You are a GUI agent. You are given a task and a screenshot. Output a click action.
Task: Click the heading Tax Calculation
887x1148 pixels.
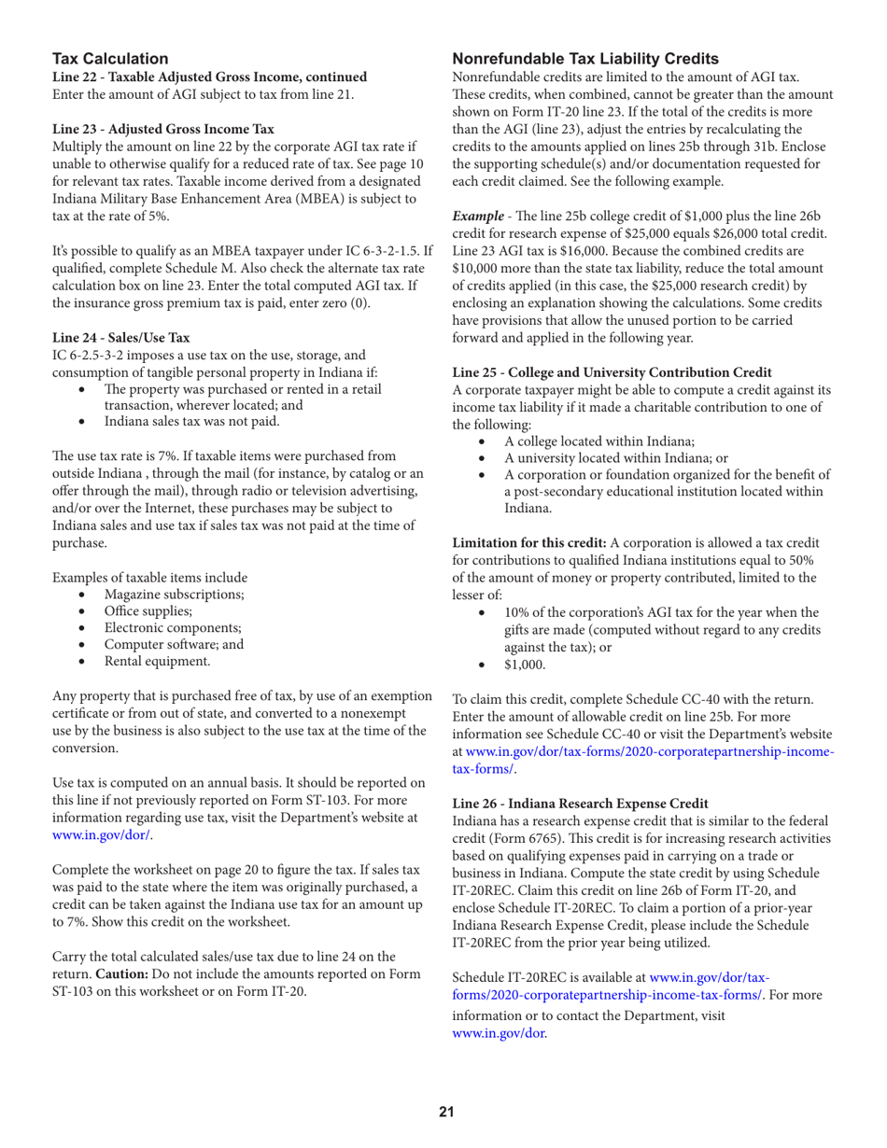109,59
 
